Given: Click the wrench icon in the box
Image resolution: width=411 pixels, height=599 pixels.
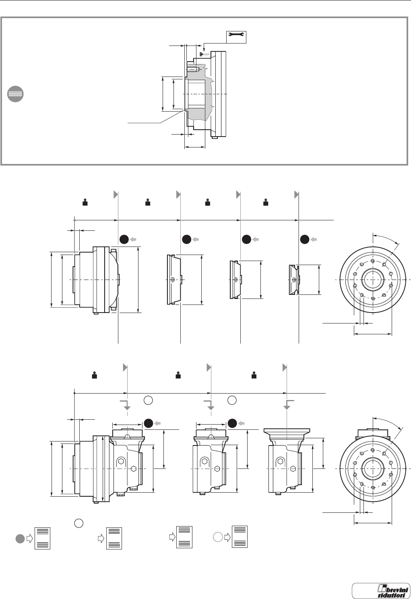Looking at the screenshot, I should pos(235,37).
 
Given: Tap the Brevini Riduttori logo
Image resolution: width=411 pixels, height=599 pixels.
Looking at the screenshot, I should pos(380,590).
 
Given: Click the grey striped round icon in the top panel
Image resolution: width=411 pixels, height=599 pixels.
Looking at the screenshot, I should pos(16,94).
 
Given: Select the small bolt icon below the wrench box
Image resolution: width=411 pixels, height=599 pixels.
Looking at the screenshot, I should pos(201,54).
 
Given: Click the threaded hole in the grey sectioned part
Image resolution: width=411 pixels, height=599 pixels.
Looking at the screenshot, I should pos(193,69).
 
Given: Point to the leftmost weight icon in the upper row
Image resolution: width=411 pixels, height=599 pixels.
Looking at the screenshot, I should pos(85,202).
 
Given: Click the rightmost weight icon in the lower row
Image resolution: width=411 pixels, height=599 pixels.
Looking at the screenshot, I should pos(254,375).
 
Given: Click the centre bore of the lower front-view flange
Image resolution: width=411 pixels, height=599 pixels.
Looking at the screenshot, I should pos(373,469).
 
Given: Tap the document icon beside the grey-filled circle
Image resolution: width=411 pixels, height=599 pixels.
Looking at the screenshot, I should pos(43,538).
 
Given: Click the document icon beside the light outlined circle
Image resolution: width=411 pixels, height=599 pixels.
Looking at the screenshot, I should pos(240,537).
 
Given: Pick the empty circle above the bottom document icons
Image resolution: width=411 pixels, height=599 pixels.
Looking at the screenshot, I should pos(78,523).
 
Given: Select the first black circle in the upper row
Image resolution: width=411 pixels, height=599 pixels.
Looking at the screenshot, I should pos(124,239).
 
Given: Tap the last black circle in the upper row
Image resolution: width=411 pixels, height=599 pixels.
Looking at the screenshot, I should pos(305,239).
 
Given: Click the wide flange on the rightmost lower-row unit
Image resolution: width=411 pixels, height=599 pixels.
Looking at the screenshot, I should pos(286,431).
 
